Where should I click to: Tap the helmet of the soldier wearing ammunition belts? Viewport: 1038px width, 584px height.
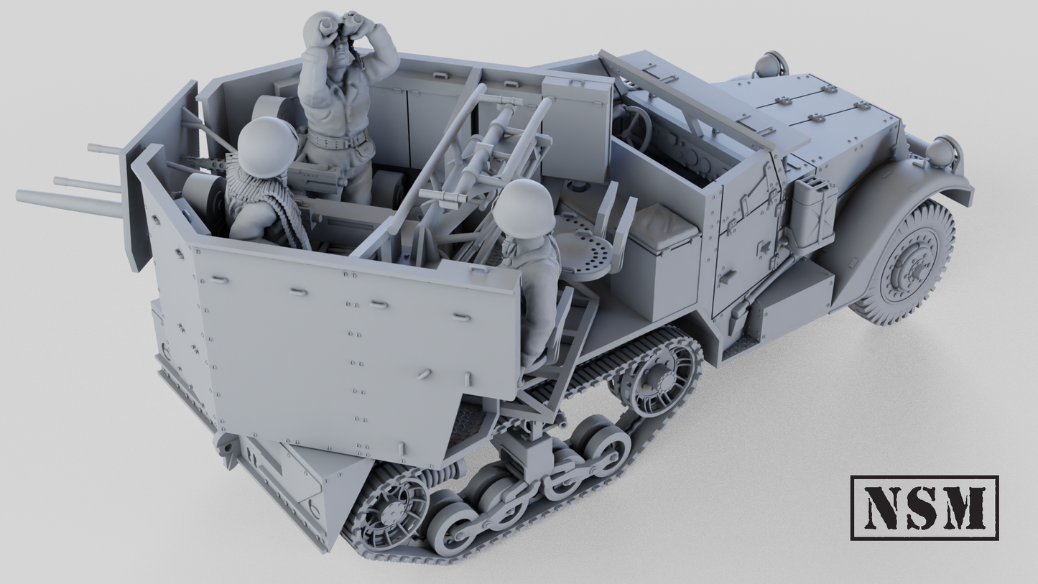[x=267, y=147]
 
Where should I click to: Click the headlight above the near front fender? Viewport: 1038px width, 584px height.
[x=942, y=152]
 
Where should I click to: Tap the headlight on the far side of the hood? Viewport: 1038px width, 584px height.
[x=770, y=64]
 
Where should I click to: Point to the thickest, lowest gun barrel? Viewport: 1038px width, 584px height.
[x=68, y=203]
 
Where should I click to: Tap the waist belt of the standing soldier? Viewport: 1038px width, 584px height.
[x=337, y=140]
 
